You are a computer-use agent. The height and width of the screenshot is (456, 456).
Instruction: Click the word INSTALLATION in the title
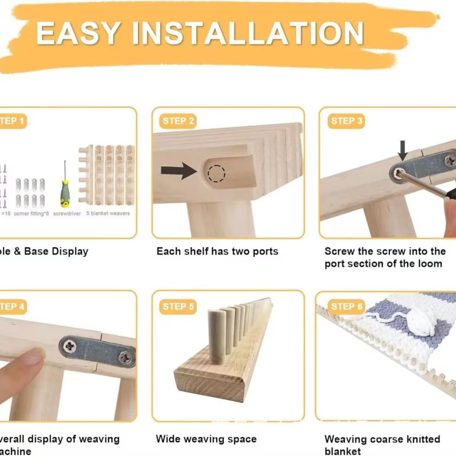[x=251, y=32]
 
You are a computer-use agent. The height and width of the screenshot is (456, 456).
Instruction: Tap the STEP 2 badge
[x=178, y=121]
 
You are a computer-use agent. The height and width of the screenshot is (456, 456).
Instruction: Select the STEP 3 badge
[x=347, y=121]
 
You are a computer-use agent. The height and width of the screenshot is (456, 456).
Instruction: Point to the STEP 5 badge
[x=178, y=307]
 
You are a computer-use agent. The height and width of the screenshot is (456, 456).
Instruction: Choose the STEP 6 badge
[x=347, y=307]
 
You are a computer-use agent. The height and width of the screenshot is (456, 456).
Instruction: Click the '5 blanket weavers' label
[x=108, y=214]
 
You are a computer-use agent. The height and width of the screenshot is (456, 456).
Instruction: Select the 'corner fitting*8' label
[x=31, y=214]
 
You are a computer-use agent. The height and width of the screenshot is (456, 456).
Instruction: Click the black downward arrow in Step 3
[x=402, y=150]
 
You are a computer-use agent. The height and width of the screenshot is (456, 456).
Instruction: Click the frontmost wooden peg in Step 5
[x=215, y=336]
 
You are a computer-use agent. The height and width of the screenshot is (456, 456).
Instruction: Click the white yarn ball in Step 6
[x=419, y=322]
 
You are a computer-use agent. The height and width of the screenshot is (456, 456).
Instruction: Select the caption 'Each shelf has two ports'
[x=217, y=251]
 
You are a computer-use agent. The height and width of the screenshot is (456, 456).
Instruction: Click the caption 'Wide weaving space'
[x=206, y=439]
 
